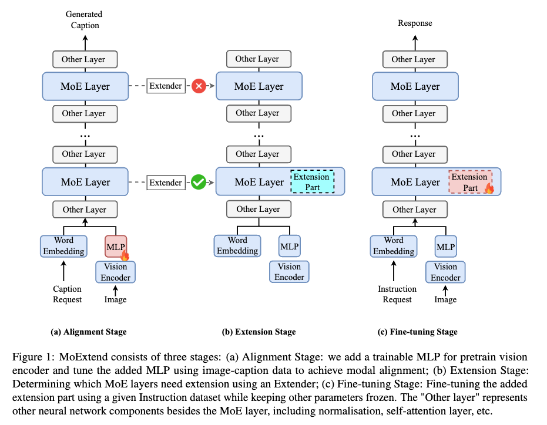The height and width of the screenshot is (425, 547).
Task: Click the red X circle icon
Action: coord(199,86)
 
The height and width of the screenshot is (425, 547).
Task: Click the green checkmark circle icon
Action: coord(199,183)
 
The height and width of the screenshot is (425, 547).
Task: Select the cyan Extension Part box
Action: coord(312,182)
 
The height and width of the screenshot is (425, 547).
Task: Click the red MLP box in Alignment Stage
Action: coord(116,246)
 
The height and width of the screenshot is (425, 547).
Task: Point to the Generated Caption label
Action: coord(83,19)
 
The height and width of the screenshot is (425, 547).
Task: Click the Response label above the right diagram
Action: coord(415,23)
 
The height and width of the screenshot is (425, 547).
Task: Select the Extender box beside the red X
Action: coord(166,86)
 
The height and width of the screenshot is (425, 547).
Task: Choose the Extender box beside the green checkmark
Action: coord(166,183)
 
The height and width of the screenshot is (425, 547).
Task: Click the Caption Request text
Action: coord(67,294)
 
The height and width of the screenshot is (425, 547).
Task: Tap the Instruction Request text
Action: coord(397,294)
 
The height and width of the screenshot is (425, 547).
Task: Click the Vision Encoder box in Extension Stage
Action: coord(290,272)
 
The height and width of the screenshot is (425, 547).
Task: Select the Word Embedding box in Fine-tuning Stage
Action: coord(394,246)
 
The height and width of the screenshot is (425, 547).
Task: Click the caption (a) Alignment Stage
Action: coord(88,332)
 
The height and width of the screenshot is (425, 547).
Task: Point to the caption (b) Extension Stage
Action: coord(259,332)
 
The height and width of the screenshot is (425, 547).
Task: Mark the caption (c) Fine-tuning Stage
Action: coord(417,332)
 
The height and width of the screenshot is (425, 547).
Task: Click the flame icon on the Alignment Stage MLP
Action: coord(124,255)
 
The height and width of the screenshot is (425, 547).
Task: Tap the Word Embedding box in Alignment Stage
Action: coord(63,246)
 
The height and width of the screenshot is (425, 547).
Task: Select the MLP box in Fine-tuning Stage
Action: coord(445,247)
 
